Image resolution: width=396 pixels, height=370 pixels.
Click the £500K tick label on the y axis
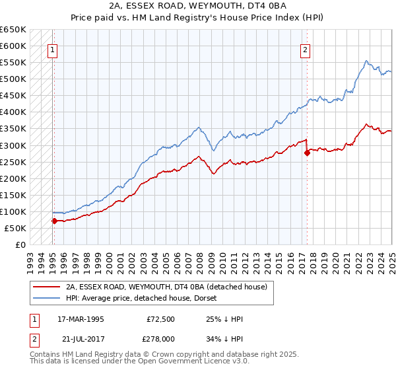pos(13,79)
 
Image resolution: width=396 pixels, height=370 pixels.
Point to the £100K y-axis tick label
pos(13,211)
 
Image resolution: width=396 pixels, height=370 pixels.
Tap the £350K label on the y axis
pos(13,129)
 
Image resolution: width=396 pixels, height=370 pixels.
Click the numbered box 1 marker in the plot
pos(52,48)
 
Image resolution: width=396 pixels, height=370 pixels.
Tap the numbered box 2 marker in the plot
pos(306,48)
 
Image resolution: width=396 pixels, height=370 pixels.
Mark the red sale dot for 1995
pos(54,221)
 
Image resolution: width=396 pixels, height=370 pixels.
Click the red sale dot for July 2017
pos(307,153)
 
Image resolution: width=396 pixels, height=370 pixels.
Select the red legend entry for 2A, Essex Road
pos(166,287)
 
